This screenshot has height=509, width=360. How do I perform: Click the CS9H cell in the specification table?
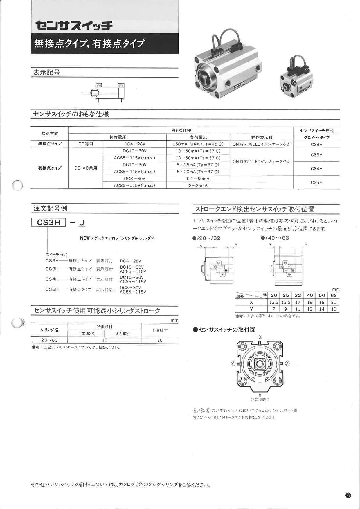316,144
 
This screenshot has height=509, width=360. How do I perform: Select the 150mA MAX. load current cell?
198,144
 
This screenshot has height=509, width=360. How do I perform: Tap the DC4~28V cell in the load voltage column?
134,144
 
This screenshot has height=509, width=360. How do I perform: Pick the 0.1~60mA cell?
198,179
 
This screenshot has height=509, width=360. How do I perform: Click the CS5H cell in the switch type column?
316,182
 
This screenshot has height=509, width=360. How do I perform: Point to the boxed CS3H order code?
49,223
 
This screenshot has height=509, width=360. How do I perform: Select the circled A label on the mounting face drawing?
287,364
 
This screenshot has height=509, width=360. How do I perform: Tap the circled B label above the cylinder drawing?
260,337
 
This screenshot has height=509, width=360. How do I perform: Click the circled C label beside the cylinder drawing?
233,364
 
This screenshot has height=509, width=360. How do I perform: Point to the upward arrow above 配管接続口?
260,395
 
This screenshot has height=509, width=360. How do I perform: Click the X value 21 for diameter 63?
334,302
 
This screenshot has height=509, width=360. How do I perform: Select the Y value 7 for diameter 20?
273,309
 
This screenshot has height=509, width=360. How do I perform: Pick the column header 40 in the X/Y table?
310,295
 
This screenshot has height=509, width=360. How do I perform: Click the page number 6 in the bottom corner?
348,495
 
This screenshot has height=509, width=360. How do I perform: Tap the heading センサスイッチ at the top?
74,26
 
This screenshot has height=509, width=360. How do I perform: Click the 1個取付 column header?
160,330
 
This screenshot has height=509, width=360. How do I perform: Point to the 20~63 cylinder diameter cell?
49,340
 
